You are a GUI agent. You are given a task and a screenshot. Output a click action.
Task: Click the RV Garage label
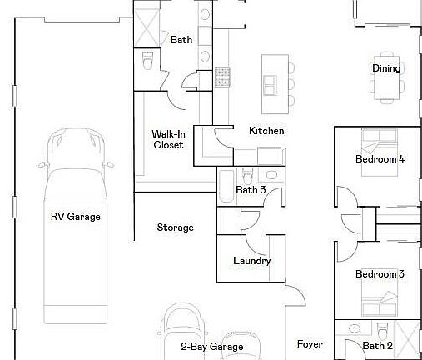[76, 217]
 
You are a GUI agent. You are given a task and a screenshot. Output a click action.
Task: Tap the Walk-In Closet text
[168, 139]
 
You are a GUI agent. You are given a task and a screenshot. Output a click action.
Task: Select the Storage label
[176, 227]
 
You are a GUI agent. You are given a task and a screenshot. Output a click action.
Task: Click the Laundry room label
[251, 261]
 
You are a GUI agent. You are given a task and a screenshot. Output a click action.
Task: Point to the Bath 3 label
[251, 190]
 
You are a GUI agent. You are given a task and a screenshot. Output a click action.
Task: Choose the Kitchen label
[266, 131]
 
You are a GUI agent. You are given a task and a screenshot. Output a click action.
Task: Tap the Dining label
[386, 68]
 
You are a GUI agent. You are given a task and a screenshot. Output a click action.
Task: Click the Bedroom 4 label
[380, 159]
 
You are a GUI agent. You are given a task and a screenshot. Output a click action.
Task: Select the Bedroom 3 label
[380, 274]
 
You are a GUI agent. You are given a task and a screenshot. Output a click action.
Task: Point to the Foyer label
[310, 343]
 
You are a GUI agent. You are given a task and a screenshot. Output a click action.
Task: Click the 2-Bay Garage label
[212, 347]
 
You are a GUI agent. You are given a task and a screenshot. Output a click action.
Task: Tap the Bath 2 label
[377, 345]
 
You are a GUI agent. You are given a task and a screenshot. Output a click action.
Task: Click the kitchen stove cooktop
[222, 77]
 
